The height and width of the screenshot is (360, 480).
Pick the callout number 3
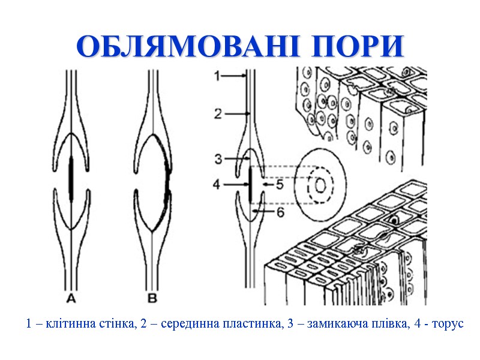click(x=218, y=159)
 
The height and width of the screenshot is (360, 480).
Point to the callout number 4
click(x=218, y=185)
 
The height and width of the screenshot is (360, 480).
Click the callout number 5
click(x=279, y=185)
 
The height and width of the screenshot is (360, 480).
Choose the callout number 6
click(x=280, y=212)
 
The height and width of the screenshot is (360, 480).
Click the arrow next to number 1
click(x=235, y=76)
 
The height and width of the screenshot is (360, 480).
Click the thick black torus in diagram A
click(x=71, y=178)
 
